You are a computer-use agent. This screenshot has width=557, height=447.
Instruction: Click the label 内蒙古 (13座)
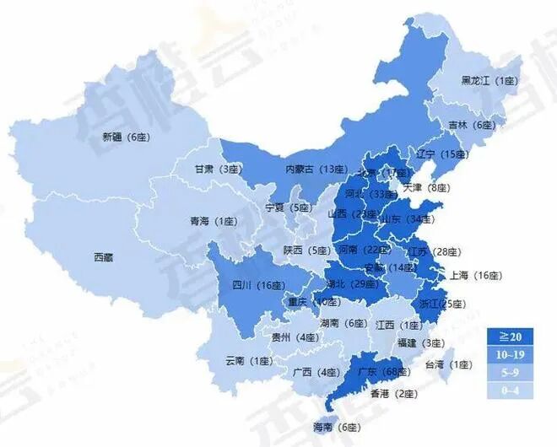click(x=316, y=170)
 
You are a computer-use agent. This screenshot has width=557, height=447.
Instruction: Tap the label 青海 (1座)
click(x=213, y=222)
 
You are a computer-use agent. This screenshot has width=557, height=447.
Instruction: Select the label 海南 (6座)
click(x=335, y=428)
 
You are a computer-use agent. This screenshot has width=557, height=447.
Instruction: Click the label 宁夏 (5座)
click(x=288, y=207)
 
